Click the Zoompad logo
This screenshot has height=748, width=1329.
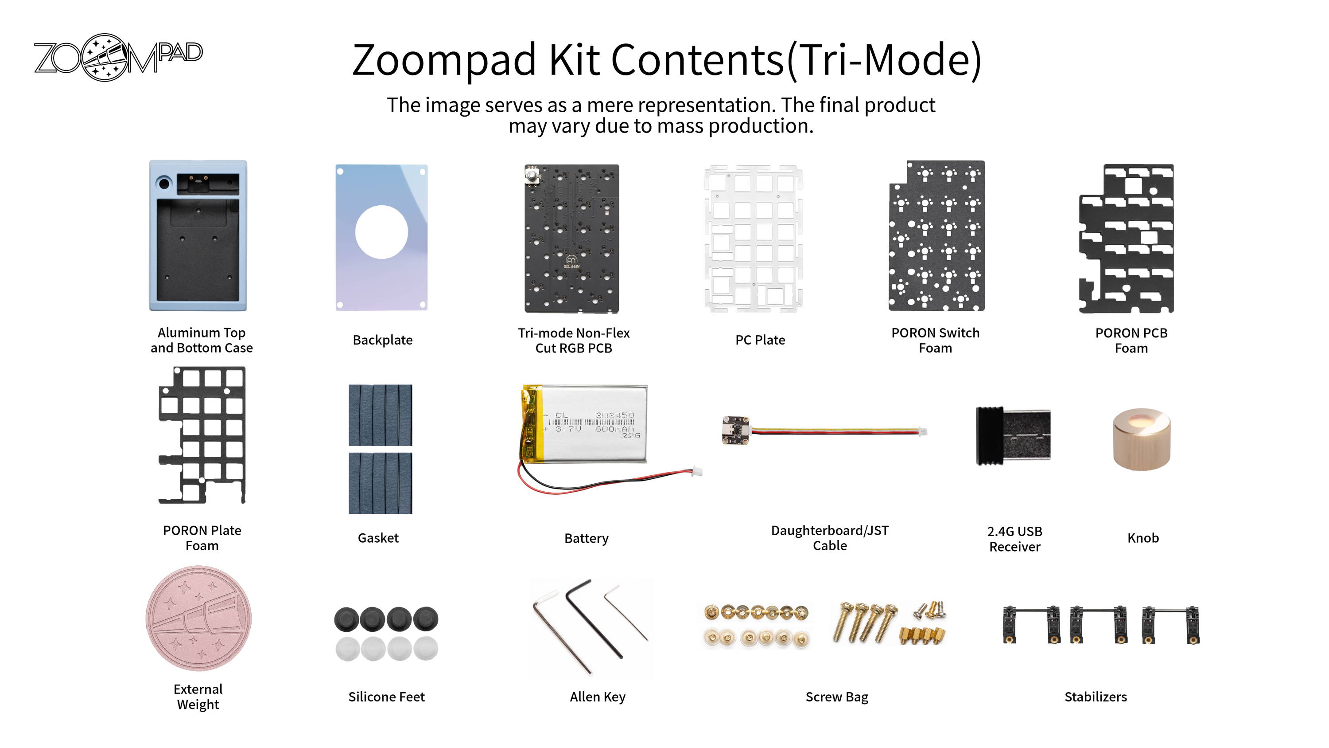coord(118,57)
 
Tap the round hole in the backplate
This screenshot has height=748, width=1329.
coord(381,232)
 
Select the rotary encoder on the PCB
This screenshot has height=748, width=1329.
coord(532,175)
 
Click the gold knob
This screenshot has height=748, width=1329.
coord(1142,439)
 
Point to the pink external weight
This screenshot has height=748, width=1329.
coord(198,618)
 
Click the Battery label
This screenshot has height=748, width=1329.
coord(586,538)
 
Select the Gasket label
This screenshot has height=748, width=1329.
coord(378,538)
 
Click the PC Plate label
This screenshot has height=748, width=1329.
coord(760,340)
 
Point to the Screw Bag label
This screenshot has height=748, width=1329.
coord(837,697)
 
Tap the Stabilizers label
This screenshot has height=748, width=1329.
coord(1095,697)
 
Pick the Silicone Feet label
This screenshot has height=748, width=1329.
coord(386,697)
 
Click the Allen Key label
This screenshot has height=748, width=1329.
coord(598,697)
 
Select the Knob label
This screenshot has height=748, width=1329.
coord(1143,538)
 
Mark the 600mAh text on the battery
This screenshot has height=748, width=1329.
coord(614,429)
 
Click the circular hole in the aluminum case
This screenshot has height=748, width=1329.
coord(165,183)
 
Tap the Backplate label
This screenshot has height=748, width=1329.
coord(382,340)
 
